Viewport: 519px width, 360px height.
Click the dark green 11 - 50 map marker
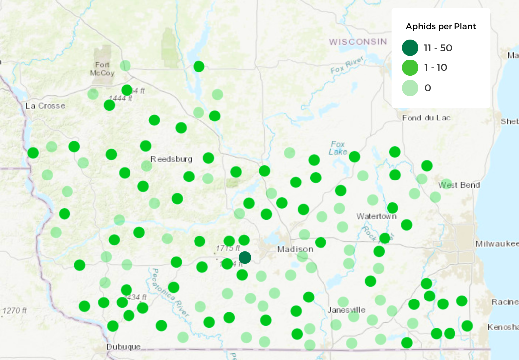[x=245, y=257]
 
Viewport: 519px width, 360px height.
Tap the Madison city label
[x=295, y=249]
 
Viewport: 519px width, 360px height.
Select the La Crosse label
[x=45, y=106]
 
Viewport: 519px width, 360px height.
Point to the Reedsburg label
[x=171, y=159]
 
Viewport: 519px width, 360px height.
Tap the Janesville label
[x=346, y=310]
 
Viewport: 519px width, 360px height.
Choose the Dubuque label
[x=124, y=346]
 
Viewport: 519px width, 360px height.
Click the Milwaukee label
[x=497, y=244]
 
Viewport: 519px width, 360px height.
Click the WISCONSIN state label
[x=358, y=41]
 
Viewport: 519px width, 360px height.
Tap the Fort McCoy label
[x=103, y=69]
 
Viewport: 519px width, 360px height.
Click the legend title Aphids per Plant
[x=441, y=26]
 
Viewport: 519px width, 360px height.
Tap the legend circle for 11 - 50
[x=410, y=48]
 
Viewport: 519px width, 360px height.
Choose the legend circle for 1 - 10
[x=410, y=68]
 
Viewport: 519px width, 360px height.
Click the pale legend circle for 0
[x=410, y=88]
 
